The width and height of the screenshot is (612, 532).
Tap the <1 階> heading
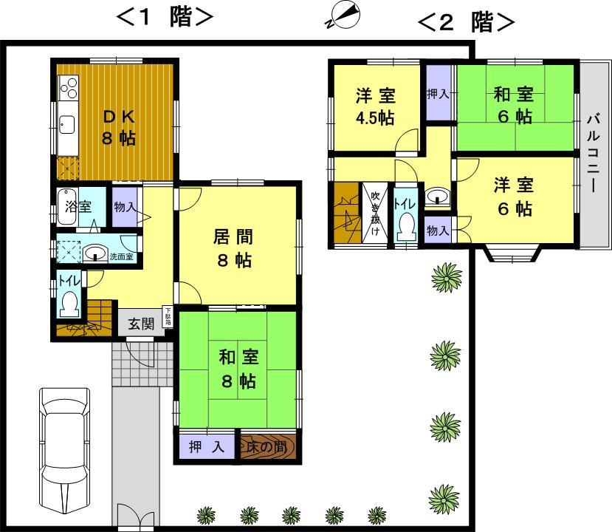[x=165, y=18]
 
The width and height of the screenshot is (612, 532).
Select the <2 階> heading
[x=465, y=22]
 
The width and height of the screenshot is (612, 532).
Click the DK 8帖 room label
[x=118, y=127]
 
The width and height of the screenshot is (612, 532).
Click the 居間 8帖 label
[x=235, y=248]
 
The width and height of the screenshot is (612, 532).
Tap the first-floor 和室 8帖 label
[x=237, y=369]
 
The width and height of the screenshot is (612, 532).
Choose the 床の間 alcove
[x=267, y=447]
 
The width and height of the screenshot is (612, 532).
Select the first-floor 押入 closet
[x=206, y=447]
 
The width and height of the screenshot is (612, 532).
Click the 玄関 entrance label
[x=141, y=323]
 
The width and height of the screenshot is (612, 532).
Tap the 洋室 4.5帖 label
[x=376, y=106]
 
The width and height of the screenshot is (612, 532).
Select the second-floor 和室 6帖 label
[x=514, y=105]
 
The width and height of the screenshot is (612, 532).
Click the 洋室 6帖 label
[x=514, y=197]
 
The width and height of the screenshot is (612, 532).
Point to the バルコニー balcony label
[x=594, y=151]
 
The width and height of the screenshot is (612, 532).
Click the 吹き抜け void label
[x=375, y=210]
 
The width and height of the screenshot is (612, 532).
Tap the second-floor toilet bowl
[x=405, y=224]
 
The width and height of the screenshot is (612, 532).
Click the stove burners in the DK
[x=68, y=91]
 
